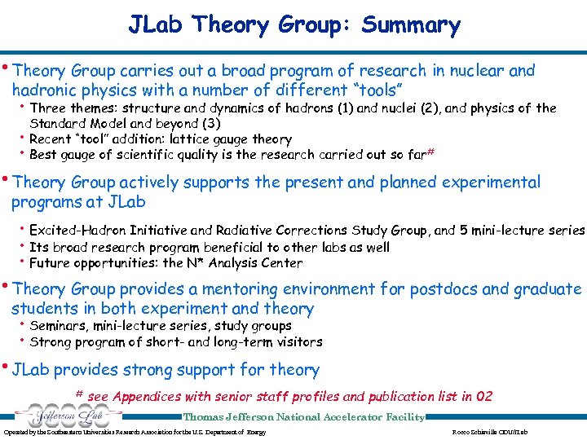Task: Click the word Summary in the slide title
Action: [412, 25]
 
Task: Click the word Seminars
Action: [59, 326]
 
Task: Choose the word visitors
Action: [295, 341]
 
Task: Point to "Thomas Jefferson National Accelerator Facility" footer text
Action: [303, 417]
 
